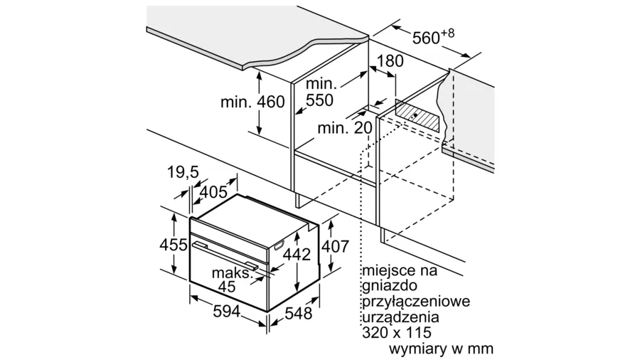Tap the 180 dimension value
coord(390,61)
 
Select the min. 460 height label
coord(252,102)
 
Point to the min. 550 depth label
coord(319,92)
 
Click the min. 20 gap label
coord(344,128)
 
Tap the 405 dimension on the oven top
coord(213,191)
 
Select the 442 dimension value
coord(297,255)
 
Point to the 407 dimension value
coord(334,246)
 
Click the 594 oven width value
coord(226,311)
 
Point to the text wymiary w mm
coord(441,349)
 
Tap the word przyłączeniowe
coord(415,302)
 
